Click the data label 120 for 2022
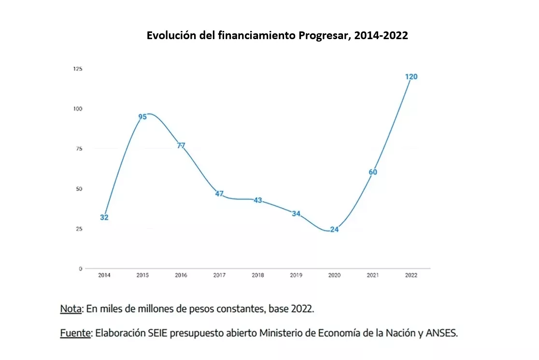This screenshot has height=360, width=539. tap(411, 76)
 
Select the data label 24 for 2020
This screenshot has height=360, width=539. tap(334, 230)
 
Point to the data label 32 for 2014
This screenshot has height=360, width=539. tap(104, 217)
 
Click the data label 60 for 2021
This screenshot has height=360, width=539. tap(373, 172)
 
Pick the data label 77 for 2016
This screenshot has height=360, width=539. tap(181, 145)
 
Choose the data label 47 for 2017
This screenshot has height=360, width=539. tap(219, 194)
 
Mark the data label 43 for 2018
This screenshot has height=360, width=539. tap(258, 200)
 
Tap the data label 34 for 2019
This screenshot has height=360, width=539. tap(296, 214)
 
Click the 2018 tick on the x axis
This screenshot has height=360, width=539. tap(258, 275)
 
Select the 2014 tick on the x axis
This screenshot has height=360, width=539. tap(104, 275)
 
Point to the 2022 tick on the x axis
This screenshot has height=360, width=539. tap(411, 275)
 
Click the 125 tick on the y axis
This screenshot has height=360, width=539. tap(78, 69)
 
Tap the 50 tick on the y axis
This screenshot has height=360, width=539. tap(79, 189)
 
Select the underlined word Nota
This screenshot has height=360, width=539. tap(71, 309)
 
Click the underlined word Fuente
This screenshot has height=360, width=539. tap(75, 333)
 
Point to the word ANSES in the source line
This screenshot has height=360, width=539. tap(440, 333)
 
